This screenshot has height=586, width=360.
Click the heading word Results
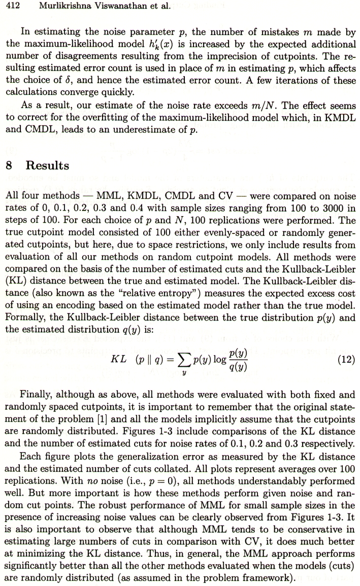[47, 166]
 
